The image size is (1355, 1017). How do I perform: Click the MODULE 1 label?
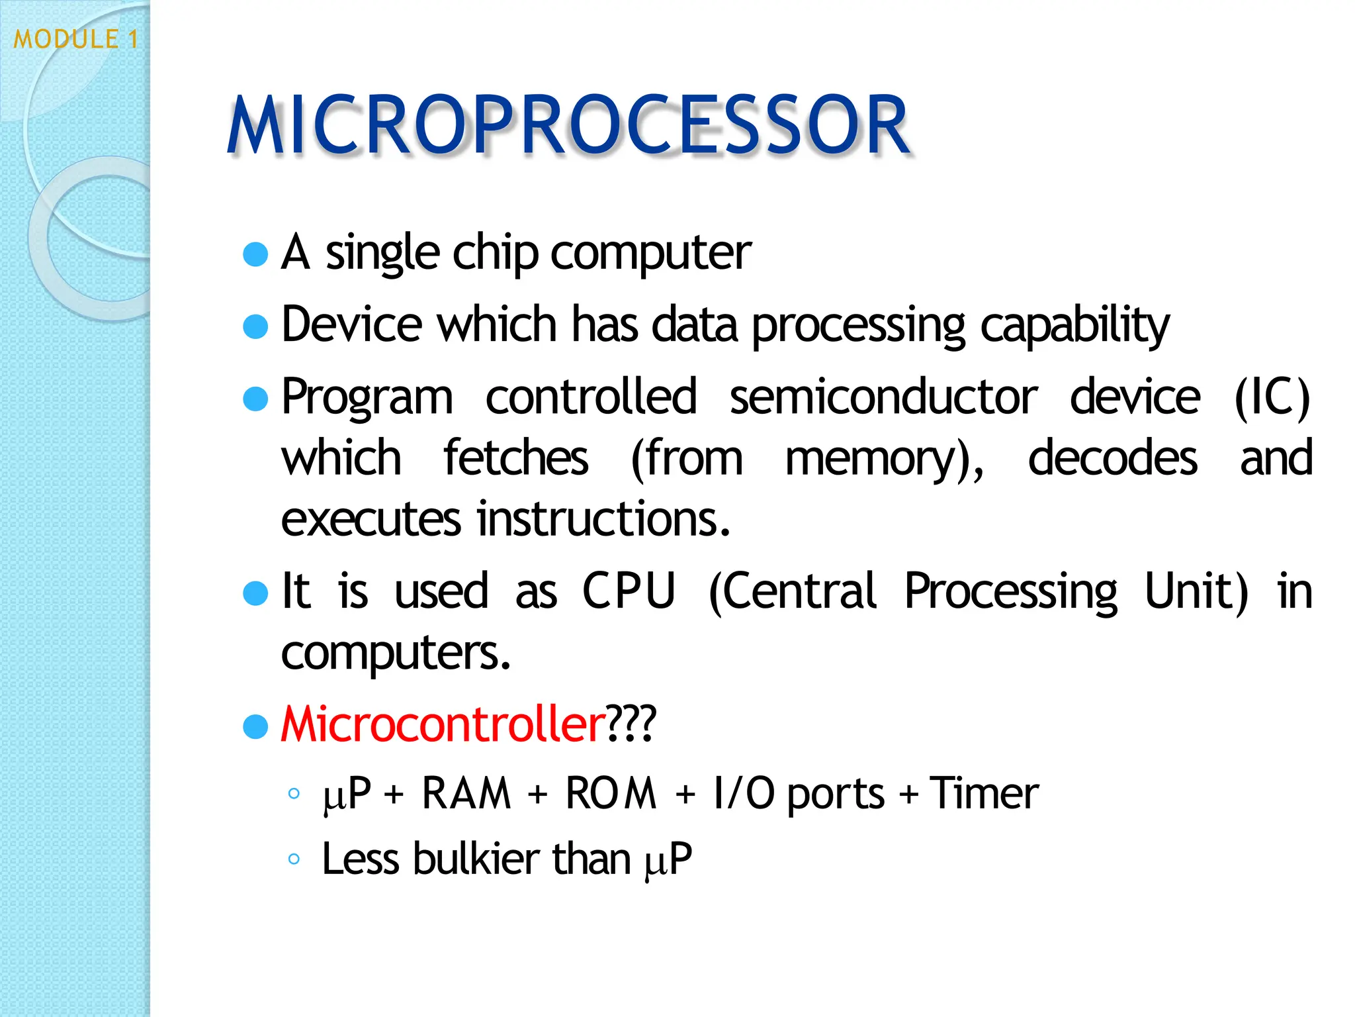76,39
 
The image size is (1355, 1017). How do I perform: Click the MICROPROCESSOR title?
569,126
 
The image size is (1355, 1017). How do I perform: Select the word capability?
1074,326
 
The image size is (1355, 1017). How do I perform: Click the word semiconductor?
883,397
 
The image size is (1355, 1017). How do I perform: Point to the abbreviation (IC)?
1272,397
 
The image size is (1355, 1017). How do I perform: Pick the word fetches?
515,458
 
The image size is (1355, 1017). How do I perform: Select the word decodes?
1112,458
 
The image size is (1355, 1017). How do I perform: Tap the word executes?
371,519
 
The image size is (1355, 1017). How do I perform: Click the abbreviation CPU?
629,591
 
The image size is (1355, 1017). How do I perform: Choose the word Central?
792,591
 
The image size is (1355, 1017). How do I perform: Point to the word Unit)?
1196,591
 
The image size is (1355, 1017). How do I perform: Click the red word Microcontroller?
443,724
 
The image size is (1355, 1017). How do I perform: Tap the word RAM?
466,793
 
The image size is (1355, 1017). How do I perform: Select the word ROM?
611,793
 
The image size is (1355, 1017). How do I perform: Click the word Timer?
984,793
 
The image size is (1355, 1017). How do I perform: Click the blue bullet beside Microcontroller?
255,726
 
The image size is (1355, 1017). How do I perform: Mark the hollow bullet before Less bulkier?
294,859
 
